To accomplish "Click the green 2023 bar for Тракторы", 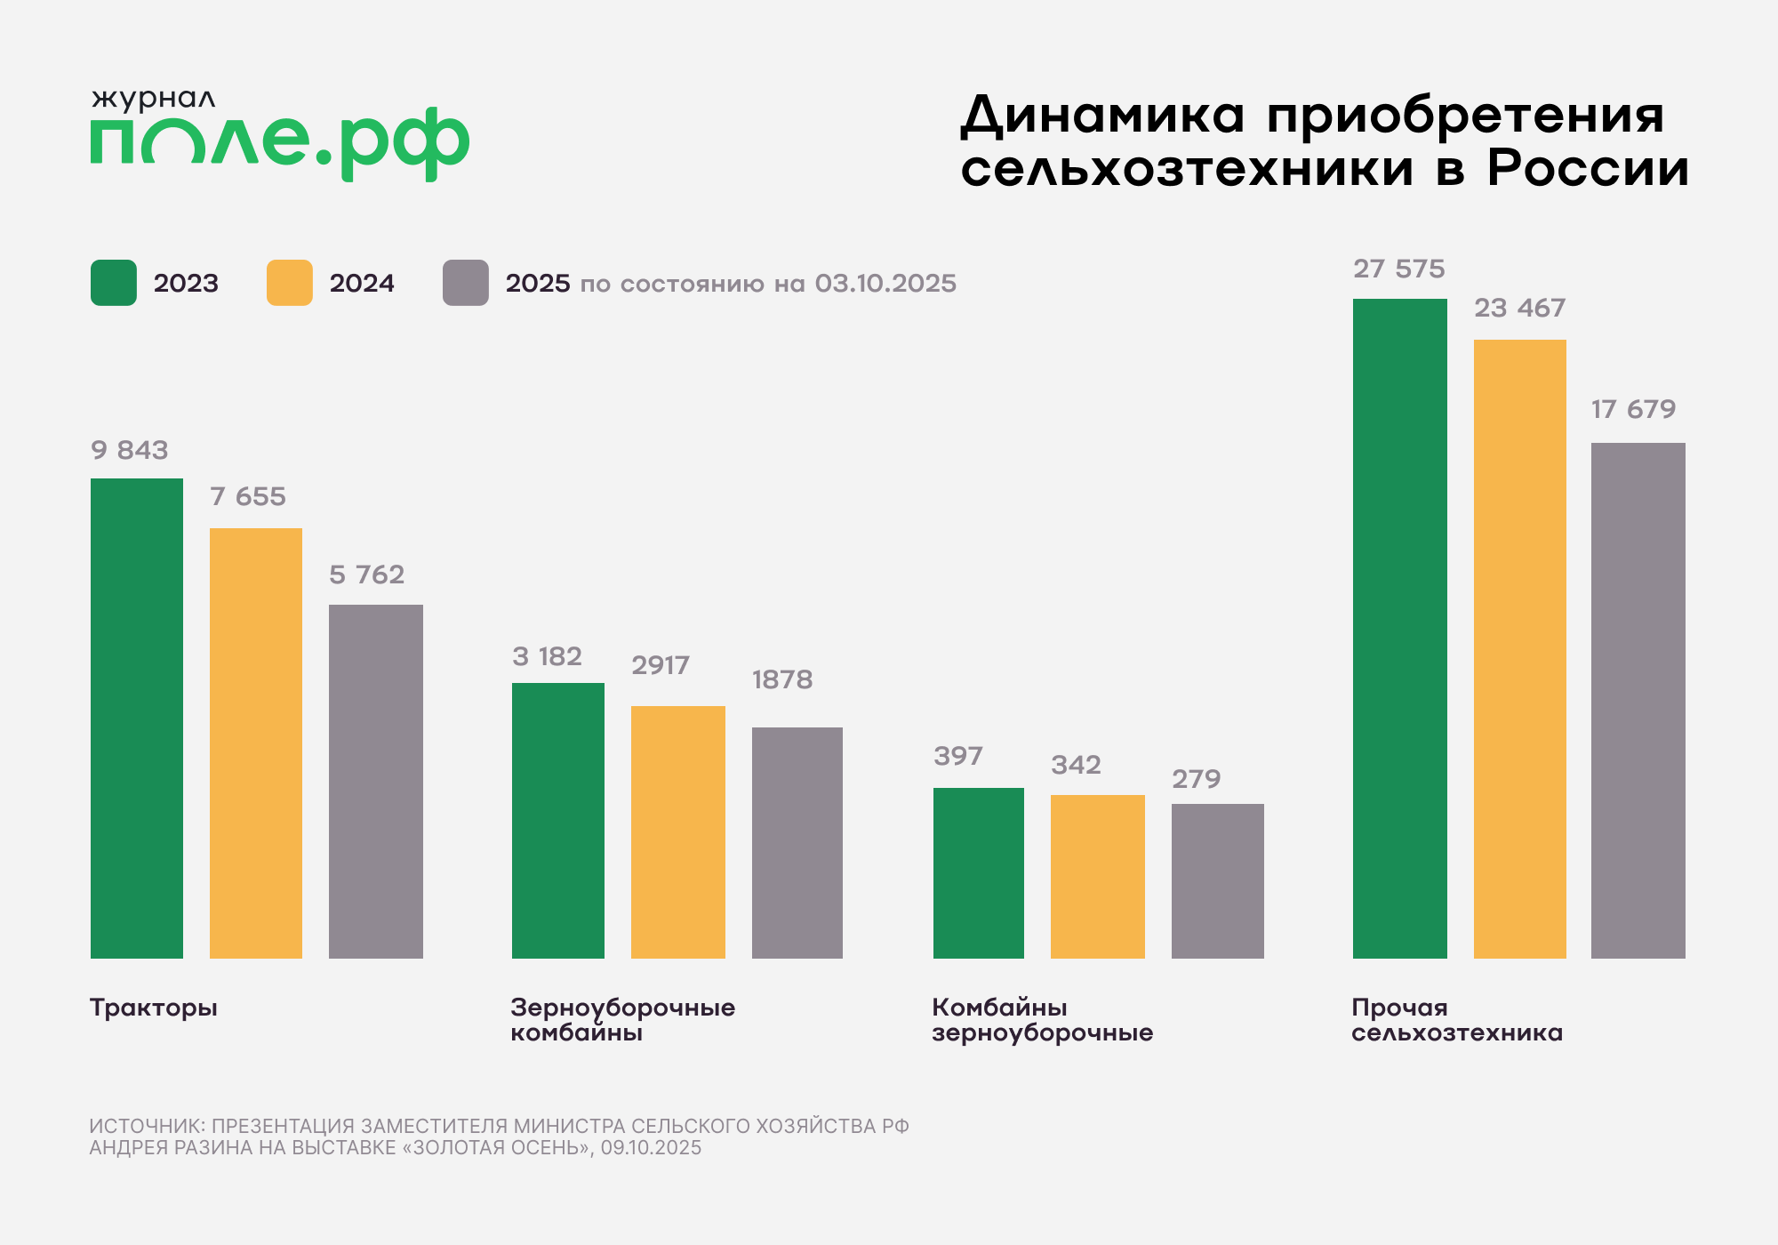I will click(x=137, y=718).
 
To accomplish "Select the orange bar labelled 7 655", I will click(x=256, y=743).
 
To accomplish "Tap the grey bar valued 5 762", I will click(x=376, y=781).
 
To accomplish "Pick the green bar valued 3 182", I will click(x=558, y=820).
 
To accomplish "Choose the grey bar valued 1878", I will click(x=797, y=842).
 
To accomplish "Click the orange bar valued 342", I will click(x=1098, y=876).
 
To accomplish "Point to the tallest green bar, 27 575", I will click(x=1400, y=628).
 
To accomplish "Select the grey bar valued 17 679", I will click(x=1638, y=700).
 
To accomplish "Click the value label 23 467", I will click(x=1519, y=308).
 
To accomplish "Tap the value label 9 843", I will click(x=130, y=450).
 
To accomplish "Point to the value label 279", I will click(x=1196, y=779).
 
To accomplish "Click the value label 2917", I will click(x=661, y=665).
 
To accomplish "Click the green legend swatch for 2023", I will click(x=114, y=283).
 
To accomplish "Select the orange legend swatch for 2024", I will click(x=290, y=283).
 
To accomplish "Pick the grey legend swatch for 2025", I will click(x=466, y=283).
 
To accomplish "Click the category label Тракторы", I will click(x=154, y=1008).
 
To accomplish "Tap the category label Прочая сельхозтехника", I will click(x=1456, y=1020).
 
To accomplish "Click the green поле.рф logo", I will click(x=279, y=142).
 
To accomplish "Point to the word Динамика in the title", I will click(x=1103, y=116).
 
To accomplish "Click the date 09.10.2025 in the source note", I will click(x=651, y=1148).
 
